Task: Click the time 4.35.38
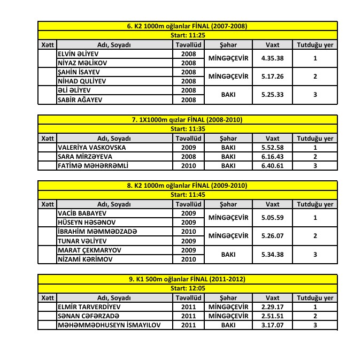click(272, 58)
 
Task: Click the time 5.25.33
click(272, 95)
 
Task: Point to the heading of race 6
click(187, 26)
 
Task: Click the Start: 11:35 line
click(187, 129)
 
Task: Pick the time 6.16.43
click(272, 157)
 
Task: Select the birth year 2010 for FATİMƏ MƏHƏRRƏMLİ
click(188, 166)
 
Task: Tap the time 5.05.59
click(272, 218)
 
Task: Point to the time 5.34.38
click(272, 255)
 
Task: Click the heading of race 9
click(187, 279)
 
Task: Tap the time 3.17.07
click(272, 325)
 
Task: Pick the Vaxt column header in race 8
click(272, 204)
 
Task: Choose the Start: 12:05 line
click(187, 288)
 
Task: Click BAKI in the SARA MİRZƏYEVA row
click(228, 157)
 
